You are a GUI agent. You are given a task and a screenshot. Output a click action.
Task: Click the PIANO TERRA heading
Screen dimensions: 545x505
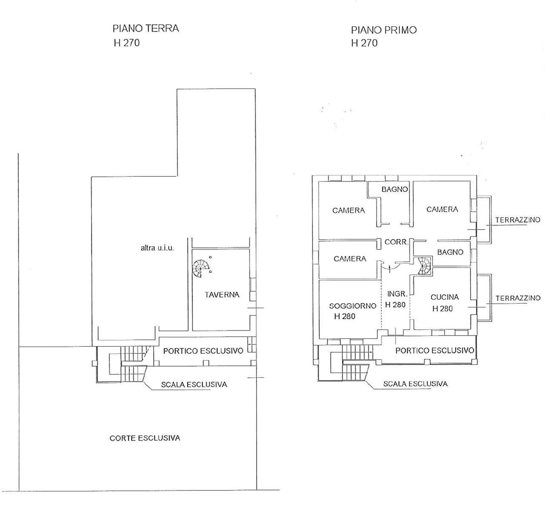coord(146,28)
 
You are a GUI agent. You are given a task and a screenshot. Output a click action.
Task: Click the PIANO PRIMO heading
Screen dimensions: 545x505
coord(384,30)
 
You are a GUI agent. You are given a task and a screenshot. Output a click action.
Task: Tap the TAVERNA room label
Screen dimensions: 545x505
coord(222,295)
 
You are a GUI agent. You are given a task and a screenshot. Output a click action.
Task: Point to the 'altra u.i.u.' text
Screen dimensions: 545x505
coord(157,248)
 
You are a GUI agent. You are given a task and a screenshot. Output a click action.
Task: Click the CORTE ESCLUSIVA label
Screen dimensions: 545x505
coord(145,438)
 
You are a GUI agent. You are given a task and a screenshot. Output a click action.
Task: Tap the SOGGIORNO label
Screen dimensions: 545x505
coord(353,306)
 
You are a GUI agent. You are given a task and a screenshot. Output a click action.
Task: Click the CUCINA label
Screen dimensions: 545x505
coord(445,297)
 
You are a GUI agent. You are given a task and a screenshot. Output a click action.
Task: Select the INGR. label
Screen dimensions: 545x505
coord(397,294)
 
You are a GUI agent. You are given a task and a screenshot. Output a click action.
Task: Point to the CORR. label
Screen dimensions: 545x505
coord(396,242)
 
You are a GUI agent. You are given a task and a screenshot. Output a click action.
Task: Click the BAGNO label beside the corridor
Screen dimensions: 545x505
coord(450,252)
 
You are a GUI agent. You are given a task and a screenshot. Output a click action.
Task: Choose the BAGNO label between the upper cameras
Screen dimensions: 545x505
coord(395,189)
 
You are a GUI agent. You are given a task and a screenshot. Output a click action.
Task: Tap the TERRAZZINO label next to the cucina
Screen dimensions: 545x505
coord(518,298)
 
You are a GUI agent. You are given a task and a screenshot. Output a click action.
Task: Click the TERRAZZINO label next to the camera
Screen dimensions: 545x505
coord(518,220)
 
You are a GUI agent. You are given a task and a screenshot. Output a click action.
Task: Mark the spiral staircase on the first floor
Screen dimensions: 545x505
coord(424,266)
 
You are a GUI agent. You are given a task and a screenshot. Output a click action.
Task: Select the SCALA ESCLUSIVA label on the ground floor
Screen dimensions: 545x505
coord(194,384)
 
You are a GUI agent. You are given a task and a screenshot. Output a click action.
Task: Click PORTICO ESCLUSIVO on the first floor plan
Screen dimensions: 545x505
coord(435,350)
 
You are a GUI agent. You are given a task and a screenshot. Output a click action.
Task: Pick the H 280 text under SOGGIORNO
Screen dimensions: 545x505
coord(345,316)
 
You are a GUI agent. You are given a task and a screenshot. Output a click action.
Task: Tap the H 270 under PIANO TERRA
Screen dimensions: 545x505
coord(127,43)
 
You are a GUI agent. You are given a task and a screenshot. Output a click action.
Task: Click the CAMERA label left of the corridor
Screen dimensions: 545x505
coord(350,258)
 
